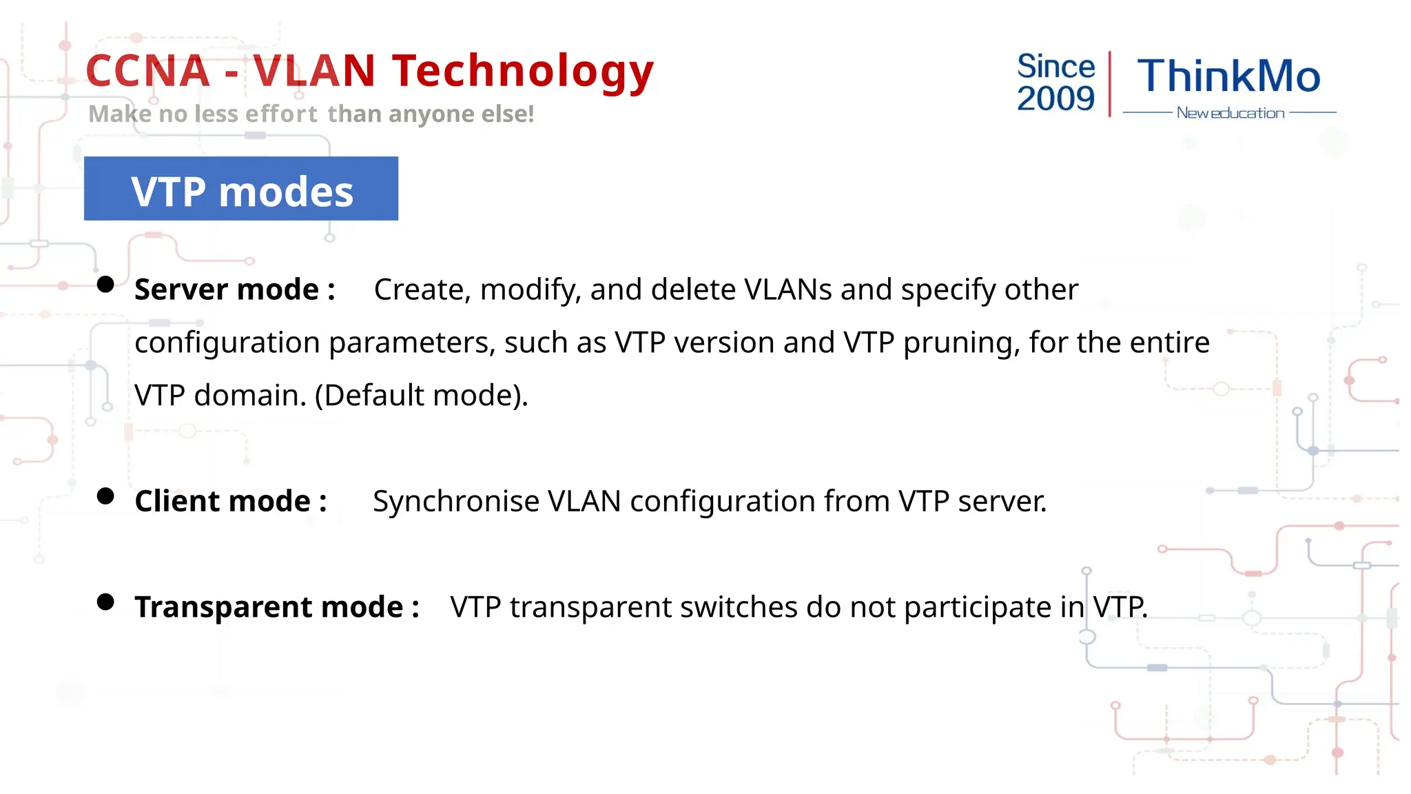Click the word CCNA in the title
pyautogui.click(x=147, y=72)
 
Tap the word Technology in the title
pyautogui.click(x=522, y=72)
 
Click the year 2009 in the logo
pyautogui.click(x=1055, y=99)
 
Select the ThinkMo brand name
pyautogui.click(x=1228, y=76)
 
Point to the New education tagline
pyautogui.click(x=1230, y=113)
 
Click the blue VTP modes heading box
pyautogui.click(x=241, y=189)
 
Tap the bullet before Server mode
pyautogui.click(x=105, y=285)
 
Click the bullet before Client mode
pyautogui.click(x=105, y=496)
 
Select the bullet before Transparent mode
pyautogui.click(x=105, y=602)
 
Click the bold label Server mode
pyautogui.click(x=234, y=289)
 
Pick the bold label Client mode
pyautogui.click(x=230, y=501)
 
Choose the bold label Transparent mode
pyautogui.click(x=276, y=607)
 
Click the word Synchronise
pyautogui.click(x=455, y=501)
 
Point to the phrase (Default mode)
pyautogui.click(x=421, y=396)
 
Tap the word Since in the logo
pyautogui.click(x=1055, y=67)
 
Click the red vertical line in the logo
pyautogui.click(x=1109, y=83)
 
